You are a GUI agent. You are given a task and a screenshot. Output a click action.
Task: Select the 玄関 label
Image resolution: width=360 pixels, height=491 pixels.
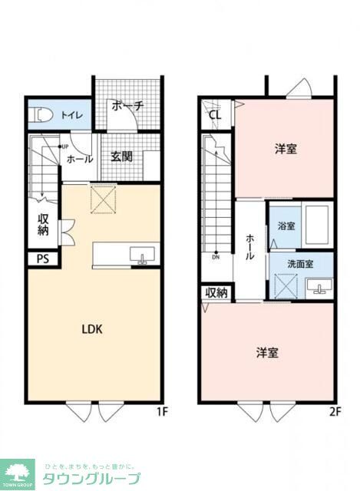tap(121, 157)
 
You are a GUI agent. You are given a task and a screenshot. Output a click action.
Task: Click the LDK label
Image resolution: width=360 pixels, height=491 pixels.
tap(92, 329)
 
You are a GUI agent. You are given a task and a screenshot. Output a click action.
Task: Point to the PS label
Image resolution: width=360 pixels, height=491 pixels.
tap(43, 259)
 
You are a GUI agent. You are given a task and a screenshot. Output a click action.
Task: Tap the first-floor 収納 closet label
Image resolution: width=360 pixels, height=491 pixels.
tap(44, 225)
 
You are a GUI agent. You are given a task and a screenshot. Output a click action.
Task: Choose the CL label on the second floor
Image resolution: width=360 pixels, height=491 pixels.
tap(215, 116)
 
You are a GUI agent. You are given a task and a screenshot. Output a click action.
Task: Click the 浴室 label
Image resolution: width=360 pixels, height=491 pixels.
tap(286, 226)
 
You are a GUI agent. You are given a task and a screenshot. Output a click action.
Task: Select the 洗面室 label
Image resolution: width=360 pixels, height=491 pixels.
tap(300, 264)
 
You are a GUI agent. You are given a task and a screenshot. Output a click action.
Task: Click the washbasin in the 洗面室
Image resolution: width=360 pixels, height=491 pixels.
tap(319, 286)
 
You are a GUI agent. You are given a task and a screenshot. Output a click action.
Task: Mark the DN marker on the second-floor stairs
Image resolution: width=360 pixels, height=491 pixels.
tap(217, 257)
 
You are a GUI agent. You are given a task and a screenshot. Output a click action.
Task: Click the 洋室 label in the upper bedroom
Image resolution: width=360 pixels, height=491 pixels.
tap(286, 149)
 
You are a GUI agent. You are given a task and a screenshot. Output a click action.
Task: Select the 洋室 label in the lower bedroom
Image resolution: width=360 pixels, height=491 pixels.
tap(266, 353)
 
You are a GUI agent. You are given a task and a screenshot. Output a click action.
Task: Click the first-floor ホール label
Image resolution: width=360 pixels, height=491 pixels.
tap(80, 159)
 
